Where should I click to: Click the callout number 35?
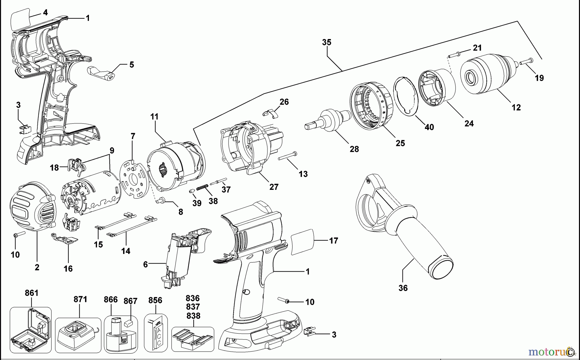(x=326, y=42)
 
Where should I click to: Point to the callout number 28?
(x=354, y=149)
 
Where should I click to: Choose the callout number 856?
(x=155, y=300)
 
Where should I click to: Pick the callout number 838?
(x=193, y=316)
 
